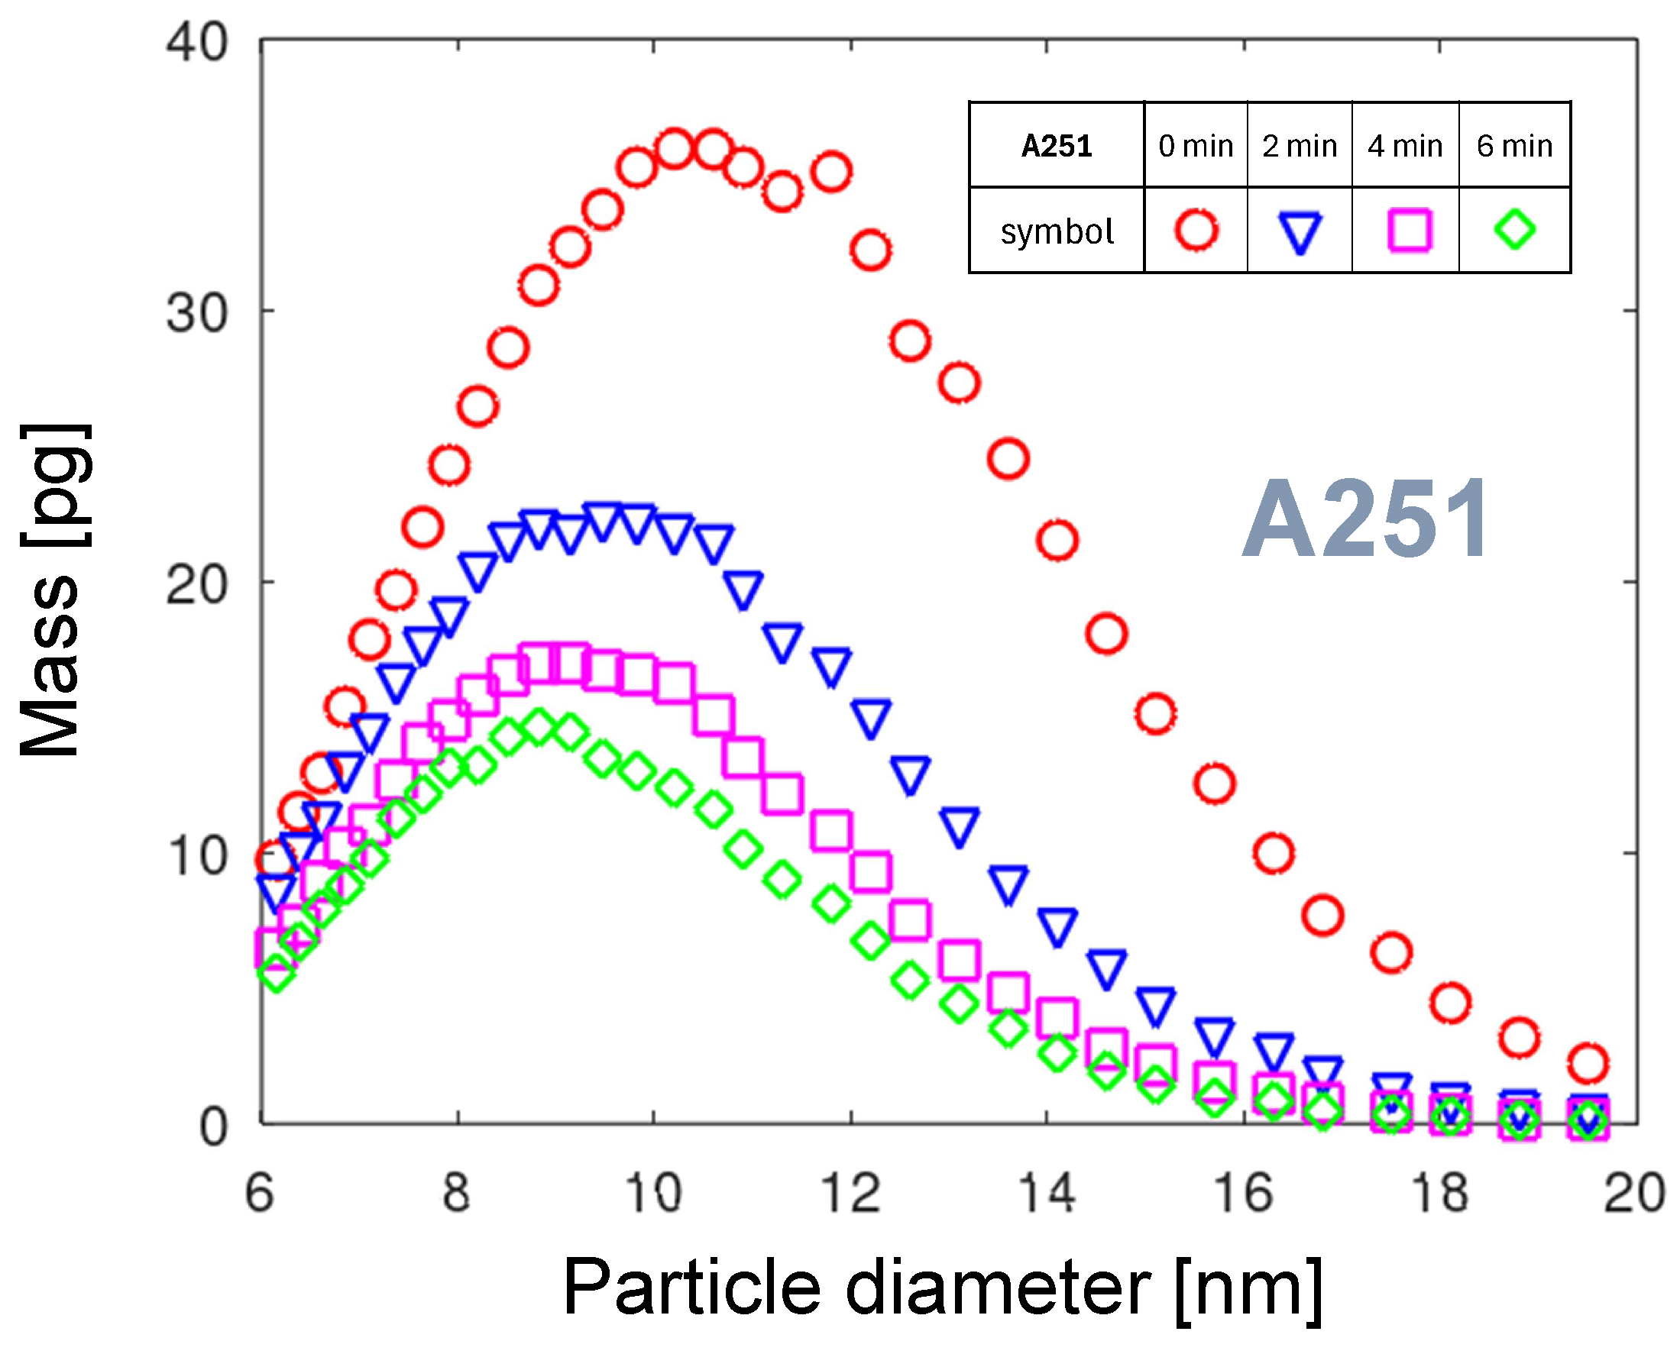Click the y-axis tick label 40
[196, 42]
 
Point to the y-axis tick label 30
[196, 314]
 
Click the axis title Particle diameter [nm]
[943, 1288]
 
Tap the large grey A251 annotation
[1366, 519]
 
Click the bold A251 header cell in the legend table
[1056, 146]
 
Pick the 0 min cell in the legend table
[1195, 146]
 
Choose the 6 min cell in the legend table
[1513, 146]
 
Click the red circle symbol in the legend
[1196, 230]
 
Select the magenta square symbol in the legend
[1410, 230]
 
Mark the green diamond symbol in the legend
[1514, 229]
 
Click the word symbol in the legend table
[1057, 231]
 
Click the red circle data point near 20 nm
[1587, 1062]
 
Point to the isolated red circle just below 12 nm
[831, 172]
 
